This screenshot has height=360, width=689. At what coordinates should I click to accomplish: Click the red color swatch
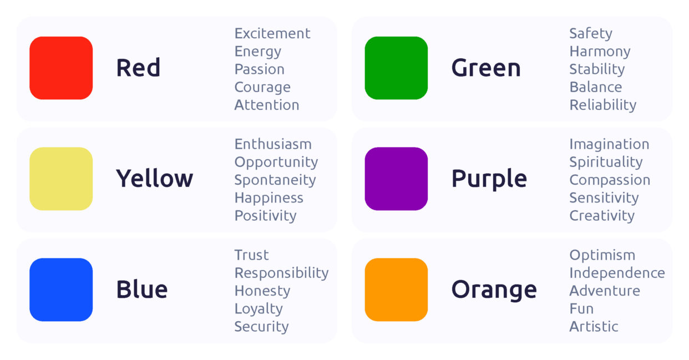(61, 68)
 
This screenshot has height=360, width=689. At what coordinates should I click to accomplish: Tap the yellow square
(61, 179)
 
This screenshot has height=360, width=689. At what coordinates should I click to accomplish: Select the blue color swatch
(61, 290)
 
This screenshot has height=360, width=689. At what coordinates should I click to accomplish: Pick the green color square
(396, 68)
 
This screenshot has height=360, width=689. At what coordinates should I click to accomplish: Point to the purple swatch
(396, 179)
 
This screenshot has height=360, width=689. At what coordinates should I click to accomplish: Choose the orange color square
(396, 290)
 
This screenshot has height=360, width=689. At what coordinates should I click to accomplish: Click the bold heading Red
(138, 68)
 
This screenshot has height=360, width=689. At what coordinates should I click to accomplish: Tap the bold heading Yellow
(154, 179)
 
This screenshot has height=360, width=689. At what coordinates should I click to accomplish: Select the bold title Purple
(489, 179)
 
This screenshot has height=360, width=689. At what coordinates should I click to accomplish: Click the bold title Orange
(494, 290)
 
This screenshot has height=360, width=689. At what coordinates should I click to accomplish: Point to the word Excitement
(272, 33)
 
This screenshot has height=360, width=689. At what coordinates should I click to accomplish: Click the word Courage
(262, 87)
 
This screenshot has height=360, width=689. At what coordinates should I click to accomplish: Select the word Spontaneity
(275, 180)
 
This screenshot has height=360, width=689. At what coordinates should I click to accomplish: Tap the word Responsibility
(281, 273)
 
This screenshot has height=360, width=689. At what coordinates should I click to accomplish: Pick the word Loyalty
(259, 309)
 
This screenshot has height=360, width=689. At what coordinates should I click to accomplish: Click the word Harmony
(600, 52)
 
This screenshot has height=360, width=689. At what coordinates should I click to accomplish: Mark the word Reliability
(602, 105)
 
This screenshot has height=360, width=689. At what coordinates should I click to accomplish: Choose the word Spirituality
(606, 162)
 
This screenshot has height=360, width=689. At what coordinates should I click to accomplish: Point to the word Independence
(617, 273)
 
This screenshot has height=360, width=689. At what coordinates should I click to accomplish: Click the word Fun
(581, 308)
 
